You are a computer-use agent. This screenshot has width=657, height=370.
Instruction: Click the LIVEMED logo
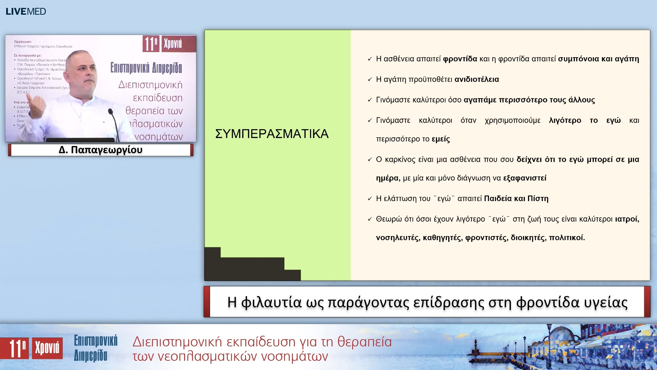[26, 11]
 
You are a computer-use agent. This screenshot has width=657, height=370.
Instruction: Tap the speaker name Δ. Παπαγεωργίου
[101, 150]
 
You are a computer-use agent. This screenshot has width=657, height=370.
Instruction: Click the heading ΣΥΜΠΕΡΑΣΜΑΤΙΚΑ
[272, 134]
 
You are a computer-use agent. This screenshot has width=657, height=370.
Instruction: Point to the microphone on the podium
[111, 112]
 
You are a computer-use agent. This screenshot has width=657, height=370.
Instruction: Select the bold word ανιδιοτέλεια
[477, 79]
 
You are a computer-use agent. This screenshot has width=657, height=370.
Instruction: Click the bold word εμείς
[441, 139]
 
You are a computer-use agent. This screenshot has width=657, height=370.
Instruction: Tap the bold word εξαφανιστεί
[525, 178]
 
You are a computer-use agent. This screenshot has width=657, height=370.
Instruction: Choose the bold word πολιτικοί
[567, 238]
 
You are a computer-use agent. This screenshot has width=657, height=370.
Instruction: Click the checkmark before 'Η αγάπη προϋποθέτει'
[370, 80]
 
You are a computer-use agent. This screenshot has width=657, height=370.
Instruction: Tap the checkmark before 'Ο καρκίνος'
[370, 160]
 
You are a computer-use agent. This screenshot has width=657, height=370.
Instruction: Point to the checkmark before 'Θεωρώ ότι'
[370, 219]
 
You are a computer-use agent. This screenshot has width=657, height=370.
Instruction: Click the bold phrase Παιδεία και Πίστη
[516, 199]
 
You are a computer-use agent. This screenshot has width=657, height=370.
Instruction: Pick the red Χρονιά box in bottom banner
[47, 348]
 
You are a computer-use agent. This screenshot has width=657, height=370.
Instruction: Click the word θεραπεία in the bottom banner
[364, 342]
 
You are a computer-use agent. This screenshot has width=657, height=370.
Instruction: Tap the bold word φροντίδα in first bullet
[460, 59]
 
